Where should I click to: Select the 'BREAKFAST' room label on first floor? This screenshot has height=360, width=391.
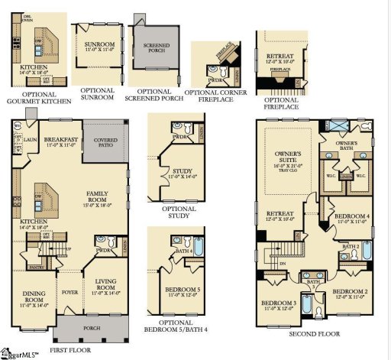(x=60, y=140)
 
